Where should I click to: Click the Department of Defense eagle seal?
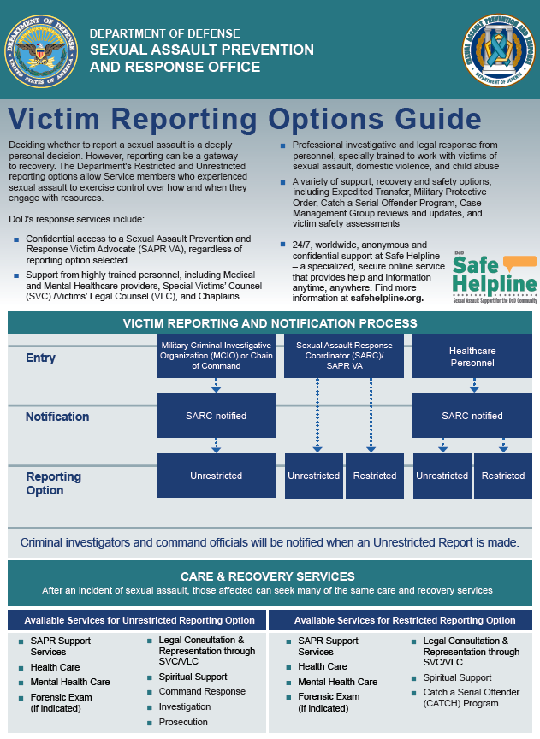[x=41, y=51]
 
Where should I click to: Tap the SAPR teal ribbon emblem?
[x=498, y=50]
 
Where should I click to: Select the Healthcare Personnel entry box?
[x=472, y=357]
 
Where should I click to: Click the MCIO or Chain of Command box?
[x=216, y=357]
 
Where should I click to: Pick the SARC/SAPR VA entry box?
[x=344, y=357]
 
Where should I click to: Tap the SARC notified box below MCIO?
[x=216, y=416]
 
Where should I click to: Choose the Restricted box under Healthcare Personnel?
[x=502, y=476]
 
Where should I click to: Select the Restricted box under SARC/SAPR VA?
[x=375, y=476]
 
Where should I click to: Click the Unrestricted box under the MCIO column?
[x=216, y=476]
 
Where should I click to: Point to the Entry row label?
[x=40, y=358]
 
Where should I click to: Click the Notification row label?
[x=57, y=417]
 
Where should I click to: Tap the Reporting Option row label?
[x=53, y=483]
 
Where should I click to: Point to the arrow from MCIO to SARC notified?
[x=216, y=385]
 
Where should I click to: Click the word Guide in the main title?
[x=438, y=119]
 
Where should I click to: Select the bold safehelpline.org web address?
[x=387, y=298]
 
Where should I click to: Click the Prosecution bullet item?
[x=183, y=722]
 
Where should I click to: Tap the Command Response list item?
[x=202, y=691]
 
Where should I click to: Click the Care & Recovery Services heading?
[x=267, y=576]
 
